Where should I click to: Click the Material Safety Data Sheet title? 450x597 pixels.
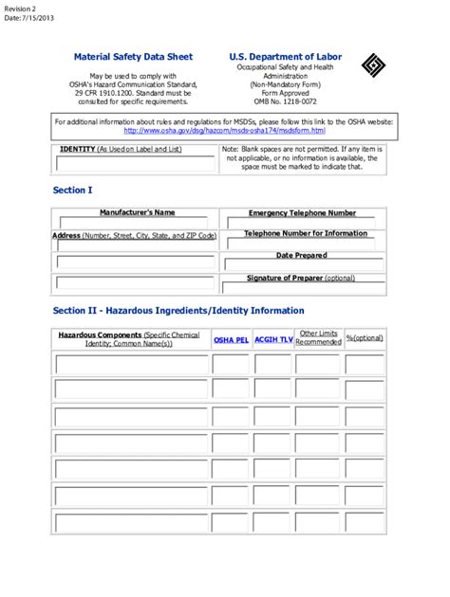(133, 57)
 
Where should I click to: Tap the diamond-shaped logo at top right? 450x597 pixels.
(372, 65)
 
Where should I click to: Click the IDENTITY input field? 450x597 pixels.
(136, 164)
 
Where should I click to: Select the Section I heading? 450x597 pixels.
(73, 190)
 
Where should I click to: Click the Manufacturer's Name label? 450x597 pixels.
(137, 213)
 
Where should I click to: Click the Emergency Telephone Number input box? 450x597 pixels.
(302, 224)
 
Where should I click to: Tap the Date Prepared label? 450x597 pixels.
(301, 255)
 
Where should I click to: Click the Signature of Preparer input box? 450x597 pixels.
(302, 288)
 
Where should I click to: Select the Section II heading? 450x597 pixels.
(178, 311)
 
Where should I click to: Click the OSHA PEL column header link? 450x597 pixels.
(231, 338)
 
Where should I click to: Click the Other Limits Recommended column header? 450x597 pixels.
(317, 337)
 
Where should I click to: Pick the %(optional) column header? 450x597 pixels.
(365, 338)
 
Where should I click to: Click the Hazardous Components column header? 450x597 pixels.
(129, 338)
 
